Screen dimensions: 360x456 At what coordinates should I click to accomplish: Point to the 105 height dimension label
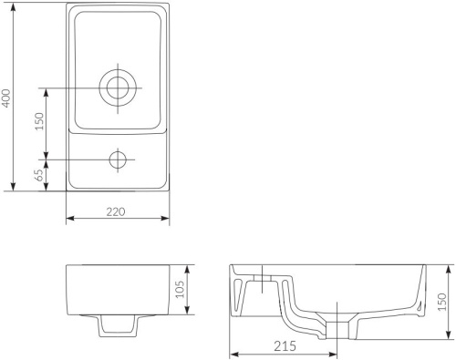coord(181,289)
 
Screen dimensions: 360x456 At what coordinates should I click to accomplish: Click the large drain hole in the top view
coord(118,87)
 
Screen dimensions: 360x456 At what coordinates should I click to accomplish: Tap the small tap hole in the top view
coord(118,159)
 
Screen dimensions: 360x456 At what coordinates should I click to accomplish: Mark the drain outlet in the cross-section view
coord(340,328)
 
